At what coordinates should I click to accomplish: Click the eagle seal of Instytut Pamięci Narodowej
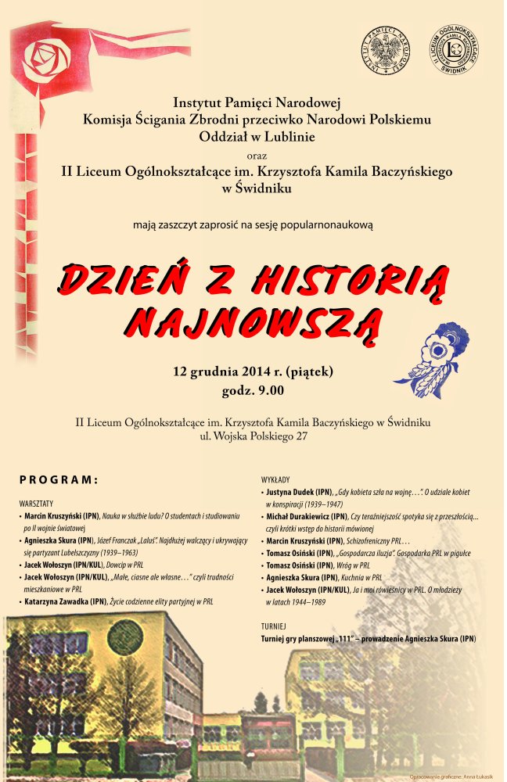(385, 50)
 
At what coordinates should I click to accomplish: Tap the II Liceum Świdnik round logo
(455, 50)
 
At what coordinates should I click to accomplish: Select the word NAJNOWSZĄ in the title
(255, 319)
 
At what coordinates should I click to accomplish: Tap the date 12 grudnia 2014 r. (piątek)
(253, 371)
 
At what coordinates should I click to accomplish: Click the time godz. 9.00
(253, 390)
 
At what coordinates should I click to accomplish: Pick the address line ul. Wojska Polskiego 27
(253, 436)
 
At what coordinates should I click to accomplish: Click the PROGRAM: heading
(59, 479)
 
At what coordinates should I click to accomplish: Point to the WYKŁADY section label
(276, 479)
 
